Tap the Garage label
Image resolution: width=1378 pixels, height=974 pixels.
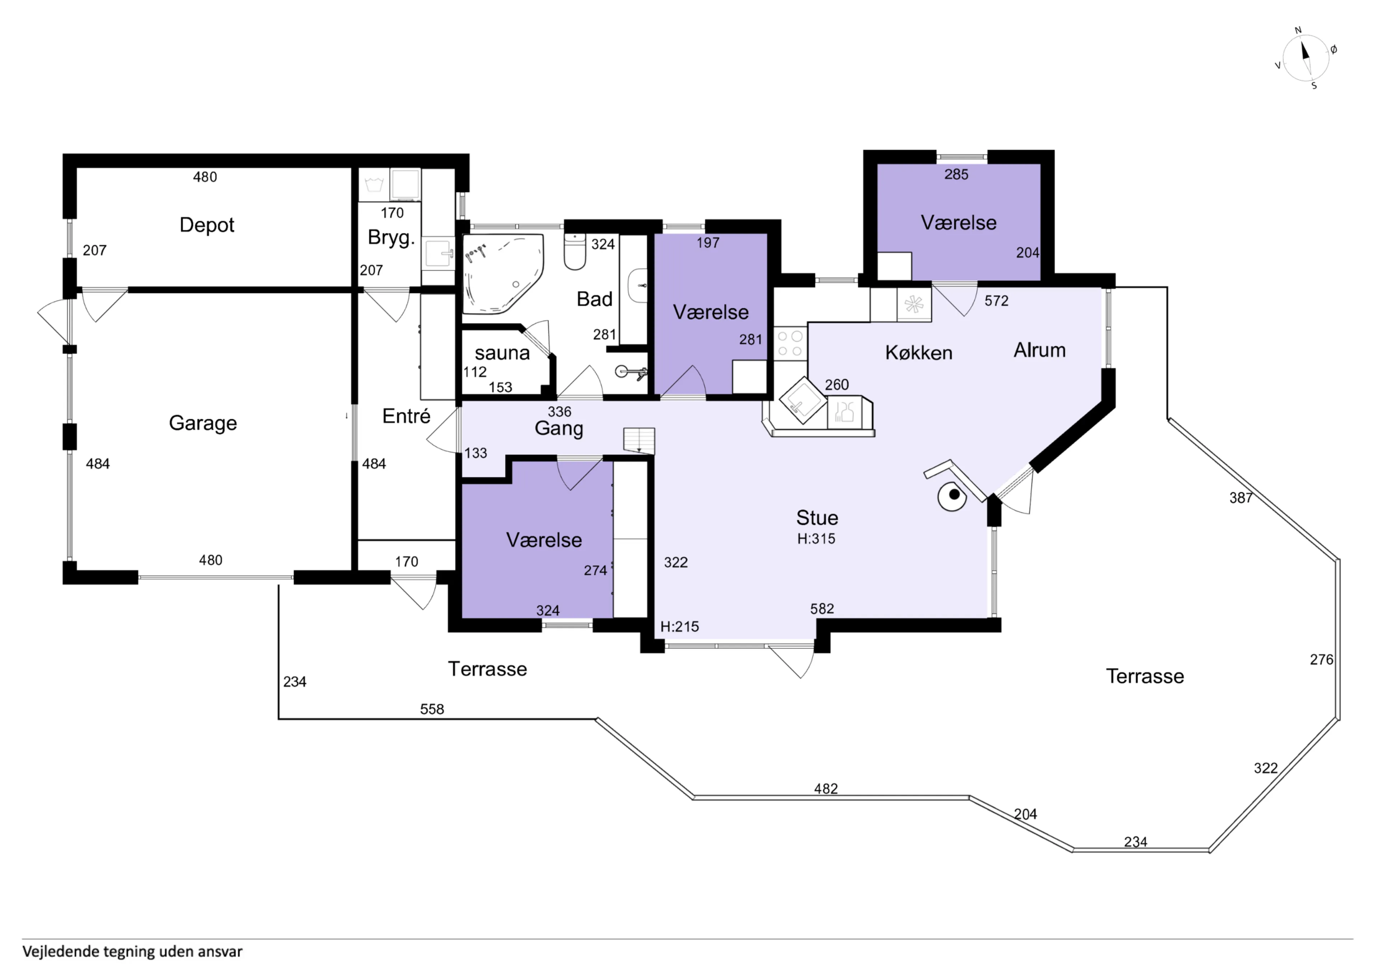click(203, 423)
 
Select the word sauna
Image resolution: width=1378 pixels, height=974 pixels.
click(502, 353)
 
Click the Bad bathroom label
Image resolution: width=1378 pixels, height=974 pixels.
click(594, 299)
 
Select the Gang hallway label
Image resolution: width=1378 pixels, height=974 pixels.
click(559, 428)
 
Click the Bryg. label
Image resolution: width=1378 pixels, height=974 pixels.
click(391, 237)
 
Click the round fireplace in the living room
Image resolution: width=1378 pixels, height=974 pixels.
click(952, 496)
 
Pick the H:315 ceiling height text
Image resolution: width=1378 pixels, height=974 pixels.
click(816, 539)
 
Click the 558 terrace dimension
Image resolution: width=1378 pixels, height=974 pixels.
click(432, 709)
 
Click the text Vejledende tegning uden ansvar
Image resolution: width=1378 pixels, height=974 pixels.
click(133, 952)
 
